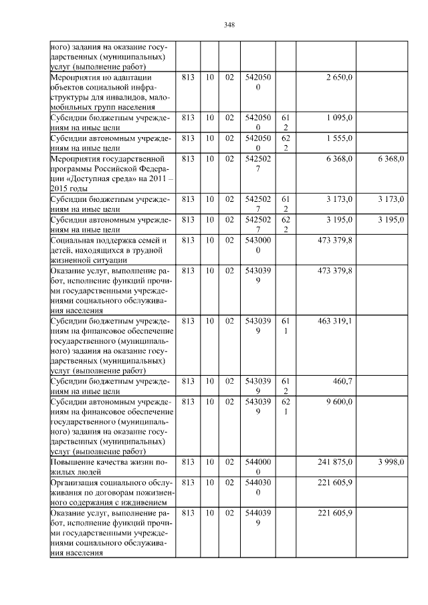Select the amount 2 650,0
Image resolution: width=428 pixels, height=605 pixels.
pos(339,78)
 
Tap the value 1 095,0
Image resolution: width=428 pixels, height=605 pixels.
pos(339,117)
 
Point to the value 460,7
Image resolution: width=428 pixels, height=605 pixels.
pos(342,380)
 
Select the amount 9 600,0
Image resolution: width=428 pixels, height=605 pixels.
pos(340,400)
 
